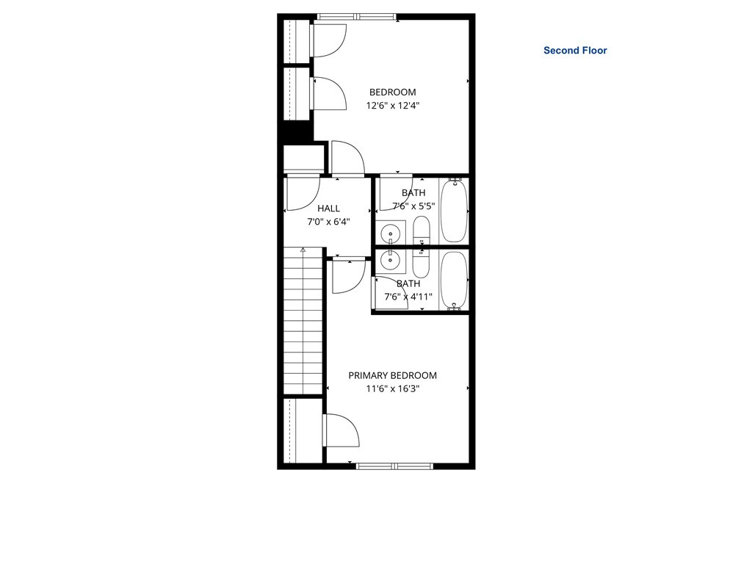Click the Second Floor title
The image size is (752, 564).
pos(575,51)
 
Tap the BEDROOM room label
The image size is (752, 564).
pos(392,92)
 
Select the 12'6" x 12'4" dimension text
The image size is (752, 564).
pos(393,106)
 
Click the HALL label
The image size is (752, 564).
pos(328,208)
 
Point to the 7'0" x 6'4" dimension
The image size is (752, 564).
pos(328,222)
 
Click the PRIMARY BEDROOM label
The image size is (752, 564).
pos(392,375)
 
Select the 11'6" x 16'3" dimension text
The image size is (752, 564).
pos(393,388)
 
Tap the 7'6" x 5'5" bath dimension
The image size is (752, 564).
pos(413,206)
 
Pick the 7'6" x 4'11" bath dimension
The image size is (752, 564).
pos(408,297)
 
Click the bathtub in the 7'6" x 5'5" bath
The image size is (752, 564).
pos(454,210)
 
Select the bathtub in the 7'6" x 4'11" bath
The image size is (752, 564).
pos(454,281)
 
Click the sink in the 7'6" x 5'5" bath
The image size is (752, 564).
pos(391,234)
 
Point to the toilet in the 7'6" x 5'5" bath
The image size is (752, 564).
pos(422,230)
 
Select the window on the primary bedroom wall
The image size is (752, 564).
pos(394,466)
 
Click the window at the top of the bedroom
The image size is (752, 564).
pos(357,17)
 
